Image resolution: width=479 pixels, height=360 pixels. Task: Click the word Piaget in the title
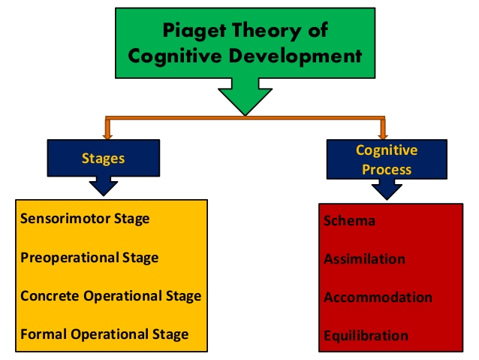coord(194,32)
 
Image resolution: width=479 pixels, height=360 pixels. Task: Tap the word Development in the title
coord(295,56)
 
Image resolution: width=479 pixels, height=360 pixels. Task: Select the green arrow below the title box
coord(245,97)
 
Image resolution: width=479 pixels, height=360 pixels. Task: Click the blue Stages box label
coord(104,159)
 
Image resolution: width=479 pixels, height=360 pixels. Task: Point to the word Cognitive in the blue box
coord(387,150)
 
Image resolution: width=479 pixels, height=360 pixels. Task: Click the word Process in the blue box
coord(387,169)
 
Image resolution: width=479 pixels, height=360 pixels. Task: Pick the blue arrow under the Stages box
coord(104,186)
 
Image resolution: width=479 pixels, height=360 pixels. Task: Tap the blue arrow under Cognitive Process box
coord(387,189)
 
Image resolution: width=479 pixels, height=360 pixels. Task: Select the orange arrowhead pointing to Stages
coord(107,136)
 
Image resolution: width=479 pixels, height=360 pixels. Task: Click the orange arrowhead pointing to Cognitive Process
coord(383,136)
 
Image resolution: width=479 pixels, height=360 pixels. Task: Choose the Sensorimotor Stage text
coord(85,219)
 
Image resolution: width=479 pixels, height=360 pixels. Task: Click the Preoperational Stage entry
coord(89,258)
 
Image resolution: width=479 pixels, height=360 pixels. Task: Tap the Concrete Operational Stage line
coord(110,296)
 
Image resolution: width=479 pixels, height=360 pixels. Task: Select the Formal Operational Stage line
coord(104,334)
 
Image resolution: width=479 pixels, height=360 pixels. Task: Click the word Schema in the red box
coord(349,220)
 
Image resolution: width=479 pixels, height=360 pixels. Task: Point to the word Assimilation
coord(364,259)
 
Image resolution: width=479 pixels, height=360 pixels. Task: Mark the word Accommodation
coord(378,298)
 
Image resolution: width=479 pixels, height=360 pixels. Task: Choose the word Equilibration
coord(366,336)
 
